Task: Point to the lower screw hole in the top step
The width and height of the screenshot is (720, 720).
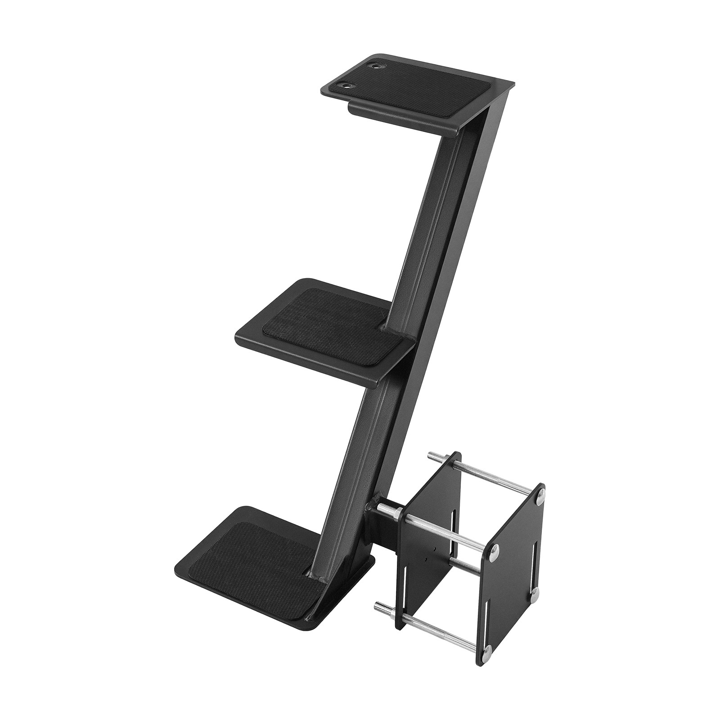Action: (x=347, y=85)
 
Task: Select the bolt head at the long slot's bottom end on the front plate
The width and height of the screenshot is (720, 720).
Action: (x=534, y=594)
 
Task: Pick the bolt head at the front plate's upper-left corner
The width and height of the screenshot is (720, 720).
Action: (x=494, y=549)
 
